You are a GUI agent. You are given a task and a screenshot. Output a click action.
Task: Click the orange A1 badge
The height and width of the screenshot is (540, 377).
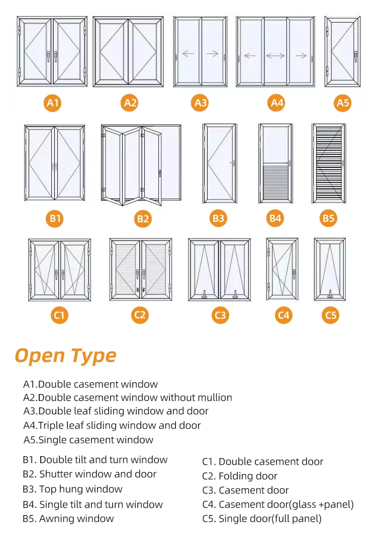coord(53,103)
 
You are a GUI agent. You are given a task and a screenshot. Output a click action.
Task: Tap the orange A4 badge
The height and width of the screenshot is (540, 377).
coord(277,103)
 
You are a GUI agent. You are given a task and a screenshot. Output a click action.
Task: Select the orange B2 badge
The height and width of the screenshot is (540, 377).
coord(143,219)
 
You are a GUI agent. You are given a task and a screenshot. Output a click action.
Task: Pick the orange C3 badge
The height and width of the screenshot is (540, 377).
coord(220,315)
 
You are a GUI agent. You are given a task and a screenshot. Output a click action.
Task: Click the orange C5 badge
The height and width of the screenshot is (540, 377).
coord(330,315)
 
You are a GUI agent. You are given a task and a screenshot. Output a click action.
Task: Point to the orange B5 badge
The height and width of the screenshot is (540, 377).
coord(328,218)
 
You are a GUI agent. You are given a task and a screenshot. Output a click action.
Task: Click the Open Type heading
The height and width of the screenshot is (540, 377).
coord(65,355)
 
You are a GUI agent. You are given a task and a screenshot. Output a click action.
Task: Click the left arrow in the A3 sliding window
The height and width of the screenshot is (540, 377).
coord(188,54)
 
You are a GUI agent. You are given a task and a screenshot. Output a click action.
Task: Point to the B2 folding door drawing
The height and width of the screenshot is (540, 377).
coord(141,166)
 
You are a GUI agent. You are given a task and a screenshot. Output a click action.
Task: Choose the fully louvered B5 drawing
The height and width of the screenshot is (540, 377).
coord(328,163)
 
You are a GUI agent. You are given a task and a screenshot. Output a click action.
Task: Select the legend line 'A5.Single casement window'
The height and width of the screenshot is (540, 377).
coord(88,440)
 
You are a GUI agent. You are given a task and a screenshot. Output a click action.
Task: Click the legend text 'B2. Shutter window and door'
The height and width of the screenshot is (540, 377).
coord(89,474)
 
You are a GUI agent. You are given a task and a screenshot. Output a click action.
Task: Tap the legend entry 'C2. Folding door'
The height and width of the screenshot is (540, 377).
coord(240,476)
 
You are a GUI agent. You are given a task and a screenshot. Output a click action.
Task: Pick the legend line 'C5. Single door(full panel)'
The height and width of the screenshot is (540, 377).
coord(262,518)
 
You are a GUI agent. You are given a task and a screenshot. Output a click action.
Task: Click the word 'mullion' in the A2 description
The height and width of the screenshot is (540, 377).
coord(215,397)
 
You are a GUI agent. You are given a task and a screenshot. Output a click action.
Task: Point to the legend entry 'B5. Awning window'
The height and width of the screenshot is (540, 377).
coord(68,518)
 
